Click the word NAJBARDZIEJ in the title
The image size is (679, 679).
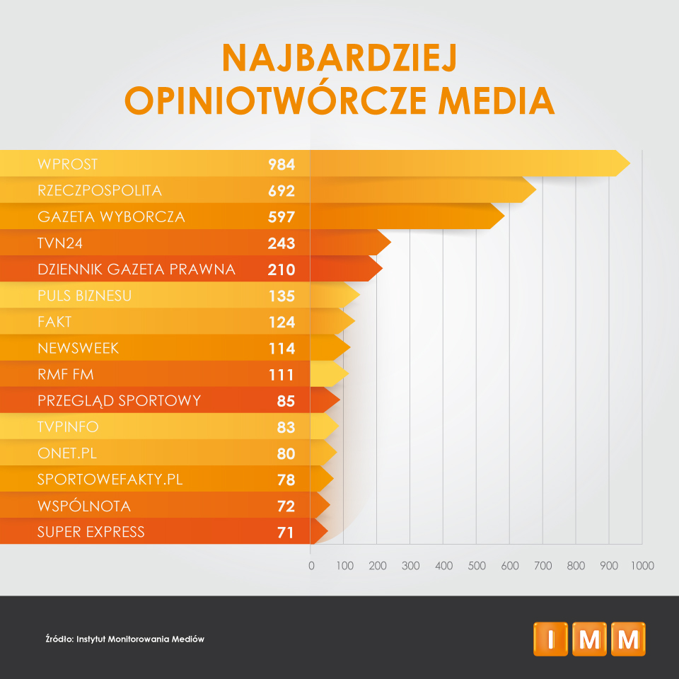(339, 59)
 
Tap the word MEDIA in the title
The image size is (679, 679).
(496, 100)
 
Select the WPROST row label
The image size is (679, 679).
(68, 164)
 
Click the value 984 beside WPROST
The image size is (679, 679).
(281, 165)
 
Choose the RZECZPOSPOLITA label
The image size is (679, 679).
(100, 190)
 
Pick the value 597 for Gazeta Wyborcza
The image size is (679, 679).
(281, 217)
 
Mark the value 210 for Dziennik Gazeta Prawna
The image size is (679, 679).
(281, 269)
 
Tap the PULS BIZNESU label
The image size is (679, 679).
(85, 296)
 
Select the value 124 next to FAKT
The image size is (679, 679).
(281, 322)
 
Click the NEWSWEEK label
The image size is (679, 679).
(79, 348)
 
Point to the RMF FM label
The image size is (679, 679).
(66, 374)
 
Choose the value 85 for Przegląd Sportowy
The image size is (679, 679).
(286, 401)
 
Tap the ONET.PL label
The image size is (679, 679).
(67, 453)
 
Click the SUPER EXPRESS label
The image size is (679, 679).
(91, 532)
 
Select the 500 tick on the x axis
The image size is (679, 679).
(476, 566)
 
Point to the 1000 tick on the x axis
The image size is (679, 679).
(642, 566)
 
